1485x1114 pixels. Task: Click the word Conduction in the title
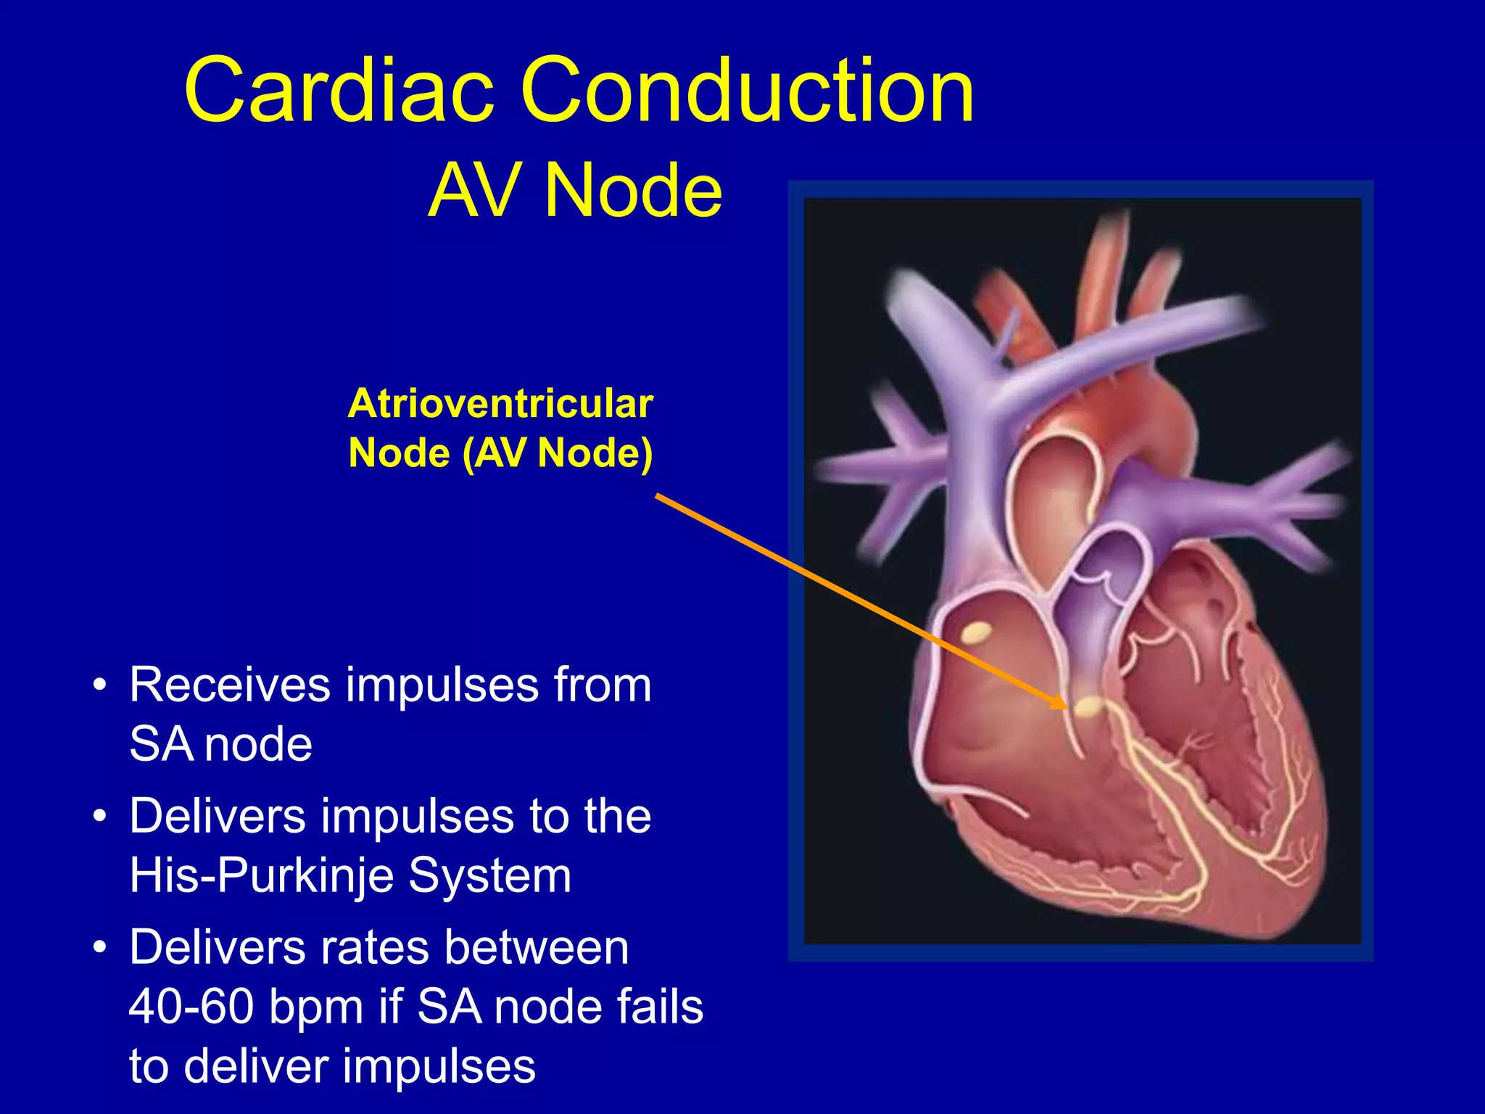click(747, 91)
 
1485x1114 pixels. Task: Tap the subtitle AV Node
click(575, 191)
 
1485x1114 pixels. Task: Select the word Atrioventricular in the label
click(500, 404)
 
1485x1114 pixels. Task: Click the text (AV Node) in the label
click(558, 453)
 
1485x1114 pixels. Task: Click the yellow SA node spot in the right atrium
click(977, 633)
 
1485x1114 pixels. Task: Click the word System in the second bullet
click(489, 875)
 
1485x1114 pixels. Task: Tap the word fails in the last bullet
click(660, 1007)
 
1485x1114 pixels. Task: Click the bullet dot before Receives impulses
click(100, 685)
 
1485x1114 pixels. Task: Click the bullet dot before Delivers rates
click(100, 948)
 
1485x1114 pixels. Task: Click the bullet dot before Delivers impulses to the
click(100, 817)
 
